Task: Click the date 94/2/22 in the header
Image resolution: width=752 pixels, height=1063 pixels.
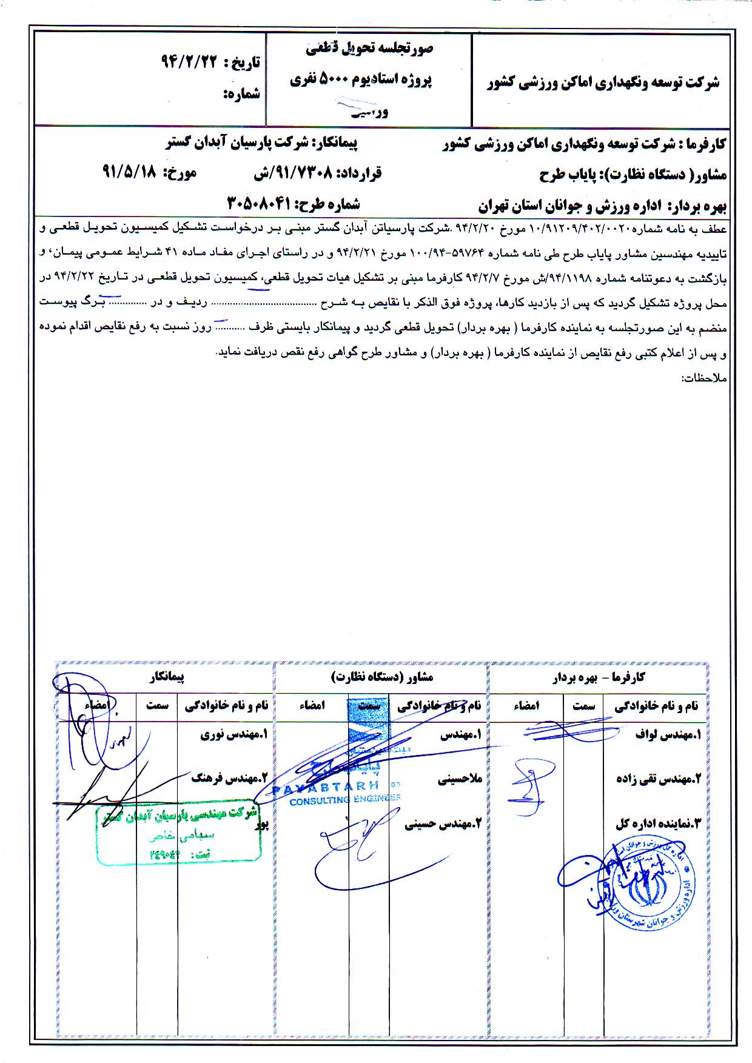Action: point(189,61)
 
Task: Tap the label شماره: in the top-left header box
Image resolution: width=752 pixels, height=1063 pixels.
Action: point(242,95)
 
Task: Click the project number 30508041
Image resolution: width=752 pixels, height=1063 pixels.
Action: point(259,204)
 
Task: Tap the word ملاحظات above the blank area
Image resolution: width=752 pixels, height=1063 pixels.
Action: point(703,378)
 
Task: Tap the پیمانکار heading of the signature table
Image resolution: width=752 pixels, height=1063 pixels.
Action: point(166,676)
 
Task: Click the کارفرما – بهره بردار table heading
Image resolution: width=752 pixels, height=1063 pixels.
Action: point(598,677)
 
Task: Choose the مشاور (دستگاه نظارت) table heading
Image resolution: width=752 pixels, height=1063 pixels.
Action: point(382,677)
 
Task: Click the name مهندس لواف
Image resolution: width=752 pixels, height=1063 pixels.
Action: point(668,735)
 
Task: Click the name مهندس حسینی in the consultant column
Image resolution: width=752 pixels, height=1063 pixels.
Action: point(442,824)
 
